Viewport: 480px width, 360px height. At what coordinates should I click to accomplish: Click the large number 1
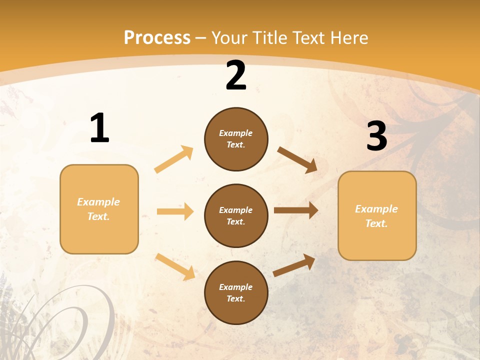click(x=99, y=128)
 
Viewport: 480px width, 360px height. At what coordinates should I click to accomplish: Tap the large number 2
click(x=236, y=76)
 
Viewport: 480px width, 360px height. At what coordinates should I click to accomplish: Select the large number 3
click(x=377, y=136)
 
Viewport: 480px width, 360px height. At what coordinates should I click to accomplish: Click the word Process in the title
click(x=157, y=37)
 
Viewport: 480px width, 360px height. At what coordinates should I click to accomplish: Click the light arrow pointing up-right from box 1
click(x=174, y=159)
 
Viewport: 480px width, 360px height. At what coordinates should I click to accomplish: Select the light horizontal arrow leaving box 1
click(x=175, y=211)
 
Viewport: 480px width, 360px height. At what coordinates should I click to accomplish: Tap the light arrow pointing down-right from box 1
click(x=175, y=266)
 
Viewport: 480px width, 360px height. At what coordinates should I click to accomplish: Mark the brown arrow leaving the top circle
click(x=297, y=160)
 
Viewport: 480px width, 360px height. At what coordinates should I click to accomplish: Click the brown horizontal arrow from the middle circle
click(x=296, y=210)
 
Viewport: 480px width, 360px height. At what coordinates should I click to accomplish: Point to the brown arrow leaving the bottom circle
click(x=294, y=265)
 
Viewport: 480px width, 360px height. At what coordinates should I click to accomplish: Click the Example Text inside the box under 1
click(x=98, y=209)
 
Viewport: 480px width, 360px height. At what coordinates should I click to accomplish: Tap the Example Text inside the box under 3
click(x=376, y=216)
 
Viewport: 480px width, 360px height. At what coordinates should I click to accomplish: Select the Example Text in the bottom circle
click(x=236, y=293)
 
